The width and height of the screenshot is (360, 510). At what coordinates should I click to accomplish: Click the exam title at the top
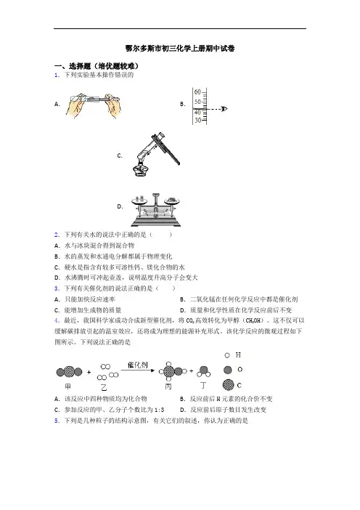click(180, 49)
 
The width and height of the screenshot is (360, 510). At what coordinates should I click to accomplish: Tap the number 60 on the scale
click(197, 92)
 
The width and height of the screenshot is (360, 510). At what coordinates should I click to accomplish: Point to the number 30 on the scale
click(197, 121)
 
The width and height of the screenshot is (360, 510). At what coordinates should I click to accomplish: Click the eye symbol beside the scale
click(224, 109)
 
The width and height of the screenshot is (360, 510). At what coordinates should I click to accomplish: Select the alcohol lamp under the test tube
click(140, 168)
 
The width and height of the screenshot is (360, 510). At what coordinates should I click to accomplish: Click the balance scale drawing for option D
click(155, 210)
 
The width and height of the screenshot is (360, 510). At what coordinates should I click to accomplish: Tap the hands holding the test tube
click(93, 105)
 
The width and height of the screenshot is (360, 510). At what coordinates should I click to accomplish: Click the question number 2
click(57, 235)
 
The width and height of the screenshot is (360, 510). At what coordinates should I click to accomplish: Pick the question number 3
click(57, 288)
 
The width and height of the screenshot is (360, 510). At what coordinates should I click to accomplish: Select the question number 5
click(57, 421)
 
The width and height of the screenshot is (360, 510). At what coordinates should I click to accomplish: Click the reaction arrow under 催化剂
click(138, 370)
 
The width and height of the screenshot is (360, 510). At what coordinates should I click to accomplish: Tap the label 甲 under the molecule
click(68, 386)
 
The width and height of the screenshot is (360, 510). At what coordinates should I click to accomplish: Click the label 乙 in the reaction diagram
click(104, 387)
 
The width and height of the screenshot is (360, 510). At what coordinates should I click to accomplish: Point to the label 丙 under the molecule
click(168, 386)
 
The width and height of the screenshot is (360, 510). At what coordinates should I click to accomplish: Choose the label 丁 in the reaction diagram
click(203, 386)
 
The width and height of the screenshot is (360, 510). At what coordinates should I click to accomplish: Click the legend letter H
click(238, 355)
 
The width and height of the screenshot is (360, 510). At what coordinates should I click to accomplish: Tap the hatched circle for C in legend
click(229, 385)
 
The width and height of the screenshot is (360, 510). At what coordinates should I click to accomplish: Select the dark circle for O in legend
click(228, 370)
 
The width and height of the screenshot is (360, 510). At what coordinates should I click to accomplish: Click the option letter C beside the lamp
click(120, 155)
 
